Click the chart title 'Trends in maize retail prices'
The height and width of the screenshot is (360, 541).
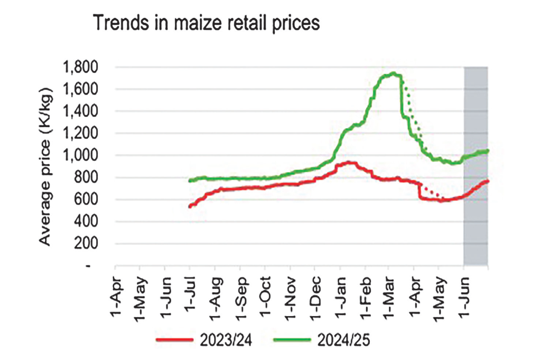point(206,24)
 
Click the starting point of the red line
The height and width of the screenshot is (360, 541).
point(190,206)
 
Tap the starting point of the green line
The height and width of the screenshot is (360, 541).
point(190,181)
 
